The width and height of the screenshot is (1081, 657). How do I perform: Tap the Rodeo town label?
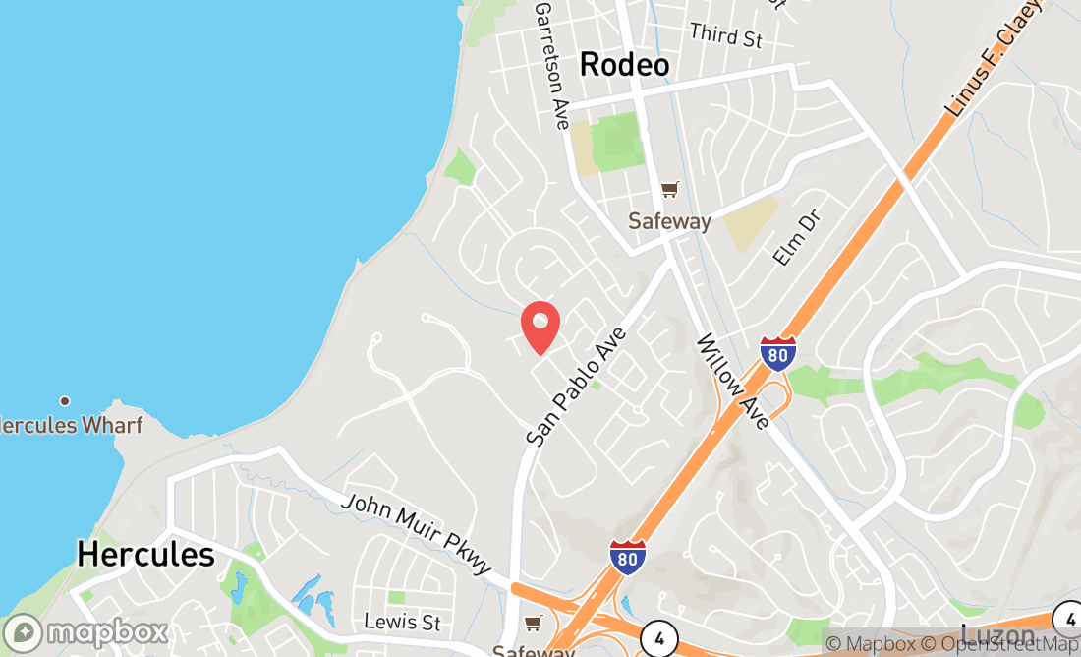[624, 65]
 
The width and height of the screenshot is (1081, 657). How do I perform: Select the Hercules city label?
[145, 554]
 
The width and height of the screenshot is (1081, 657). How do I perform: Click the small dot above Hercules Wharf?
[65, 400]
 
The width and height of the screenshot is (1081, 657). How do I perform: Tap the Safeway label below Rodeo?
[669, 221]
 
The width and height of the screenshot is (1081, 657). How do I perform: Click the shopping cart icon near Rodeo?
[669, 189]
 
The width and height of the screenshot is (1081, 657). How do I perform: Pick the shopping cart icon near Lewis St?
[533, 623]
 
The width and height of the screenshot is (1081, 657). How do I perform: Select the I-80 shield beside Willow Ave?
[777, 353]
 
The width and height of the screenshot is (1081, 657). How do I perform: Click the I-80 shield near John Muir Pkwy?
[627, 557]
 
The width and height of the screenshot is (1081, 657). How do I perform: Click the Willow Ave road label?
[733, 382]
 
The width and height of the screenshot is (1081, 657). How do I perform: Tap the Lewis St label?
[402, 622]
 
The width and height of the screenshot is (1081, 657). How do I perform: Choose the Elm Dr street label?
[796, 236]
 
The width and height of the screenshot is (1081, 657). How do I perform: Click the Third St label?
[726, 36]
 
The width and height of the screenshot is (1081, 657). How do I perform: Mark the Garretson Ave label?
[551, 65]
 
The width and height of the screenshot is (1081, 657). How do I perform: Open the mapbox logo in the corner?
[85, 631]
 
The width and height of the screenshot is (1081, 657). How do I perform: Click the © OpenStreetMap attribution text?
[1001, 644]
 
